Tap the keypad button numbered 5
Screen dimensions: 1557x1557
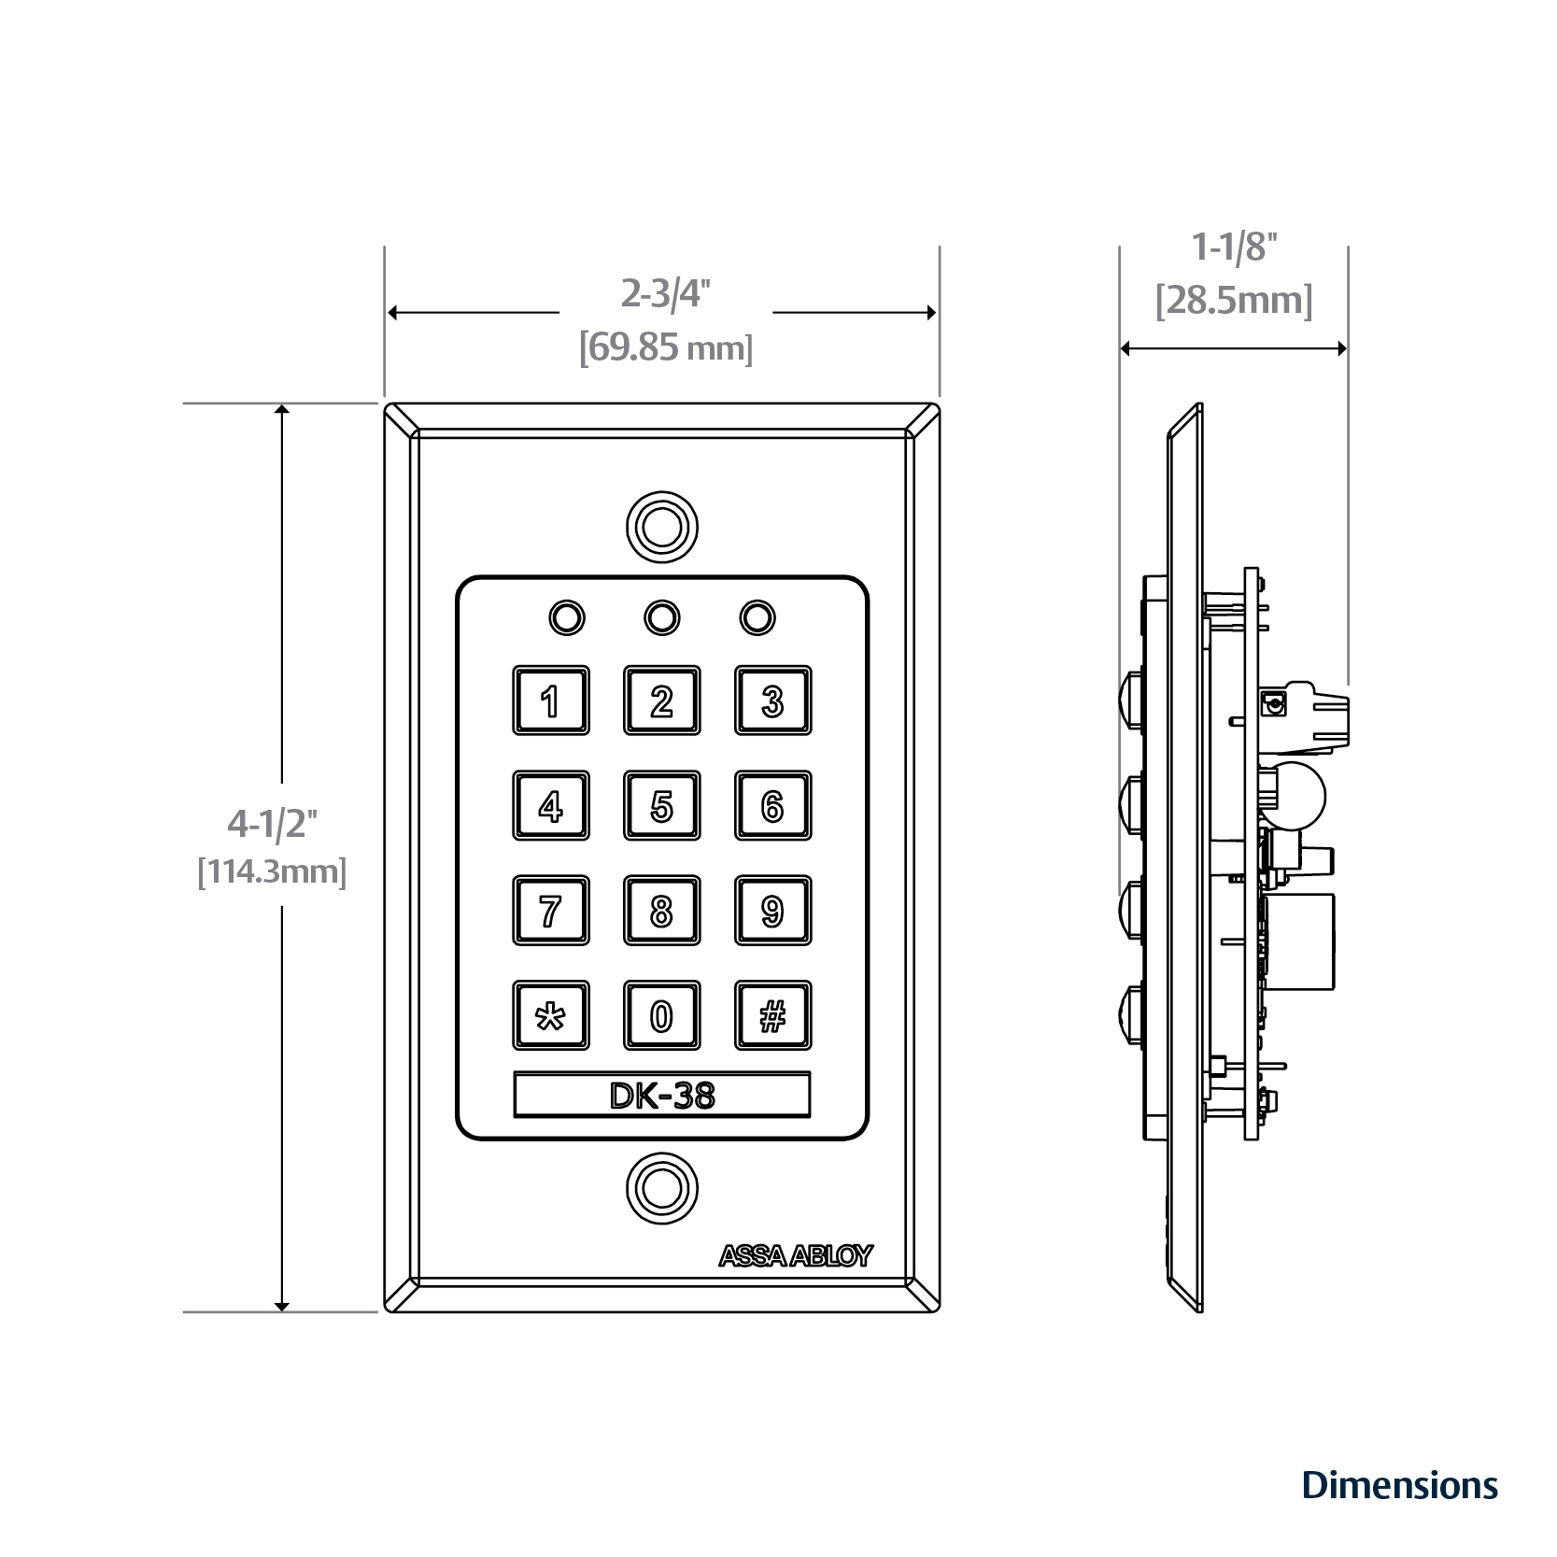(661, 805)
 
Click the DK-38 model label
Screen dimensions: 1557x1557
(661, 1095)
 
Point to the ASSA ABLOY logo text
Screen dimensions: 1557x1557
(795, 1256)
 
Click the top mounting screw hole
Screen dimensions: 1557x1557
(661, 527)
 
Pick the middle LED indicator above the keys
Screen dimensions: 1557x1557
(661, 617)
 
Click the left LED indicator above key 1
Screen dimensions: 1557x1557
(567, 617)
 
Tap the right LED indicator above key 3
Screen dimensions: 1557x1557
(757, 617)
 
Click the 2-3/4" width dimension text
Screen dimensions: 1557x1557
(666, 294)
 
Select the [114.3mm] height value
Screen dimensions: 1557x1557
(272, 872)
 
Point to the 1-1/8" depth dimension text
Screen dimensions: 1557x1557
(1234, 248)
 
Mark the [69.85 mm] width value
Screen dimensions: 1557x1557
(666, 350)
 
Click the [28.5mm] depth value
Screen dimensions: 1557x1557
(1234, 302)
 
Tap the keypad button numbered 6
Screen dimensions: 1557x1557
(772, 805)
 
